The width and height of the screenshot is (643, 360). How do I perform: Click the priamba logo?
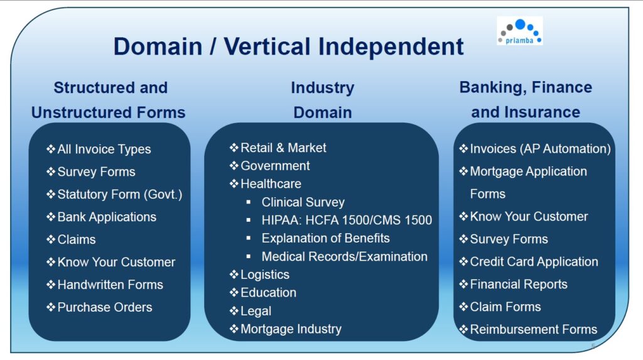tap(519, 31)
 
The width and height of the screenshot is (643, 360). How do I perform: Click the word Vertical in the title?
tap(267, 46)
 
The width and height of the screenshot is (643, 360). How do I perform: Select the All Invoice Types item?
tap(104, 150)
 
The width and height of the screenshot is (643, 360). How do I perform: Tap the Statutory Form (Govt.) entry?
tap(120, 195)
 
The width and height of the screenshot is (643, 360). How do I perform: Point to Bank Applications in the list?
tap(107, 217)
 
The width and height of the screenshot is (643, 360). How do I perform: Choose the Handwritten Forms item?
tap(111, 285)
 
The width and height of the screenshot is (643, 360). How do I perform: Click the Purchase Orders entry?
tap(105, 307)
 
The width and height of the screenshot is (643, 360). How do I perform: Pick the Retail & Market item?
tap(283, 148)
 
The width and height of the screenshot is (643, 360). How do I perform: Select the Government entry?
tap(275, 166)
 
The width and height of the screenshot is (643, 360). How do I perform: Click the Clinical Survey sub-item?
tap(303, 202)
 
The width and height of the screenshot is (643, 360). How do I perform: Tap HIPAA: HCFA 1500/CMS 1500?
tap(347, 220)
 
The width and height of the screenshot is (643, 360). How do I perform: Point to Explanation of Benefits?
tap(326, 238)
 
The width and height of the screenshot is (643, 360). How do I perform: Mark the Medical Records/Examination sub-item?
tap(345, 256)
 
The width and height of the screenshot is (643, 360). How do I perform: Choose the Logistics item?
tap(265, 275)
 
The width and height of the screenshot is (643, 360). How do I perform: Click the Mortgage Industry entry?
tap(291, 329)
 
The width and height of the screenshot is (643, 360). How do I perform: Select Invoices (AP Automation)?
tap(540, 149)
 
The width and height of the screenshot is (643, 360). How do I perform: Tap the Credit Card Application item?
tap(534, 261)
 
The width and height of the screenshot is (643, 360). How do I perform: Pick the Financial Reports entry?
tap(519, 284)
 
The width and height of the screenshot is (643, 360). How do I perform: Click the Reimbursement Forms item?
tap(534, 329)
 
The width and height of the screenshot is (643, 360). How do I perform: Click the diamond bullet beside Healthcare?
tap(234, 183)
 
